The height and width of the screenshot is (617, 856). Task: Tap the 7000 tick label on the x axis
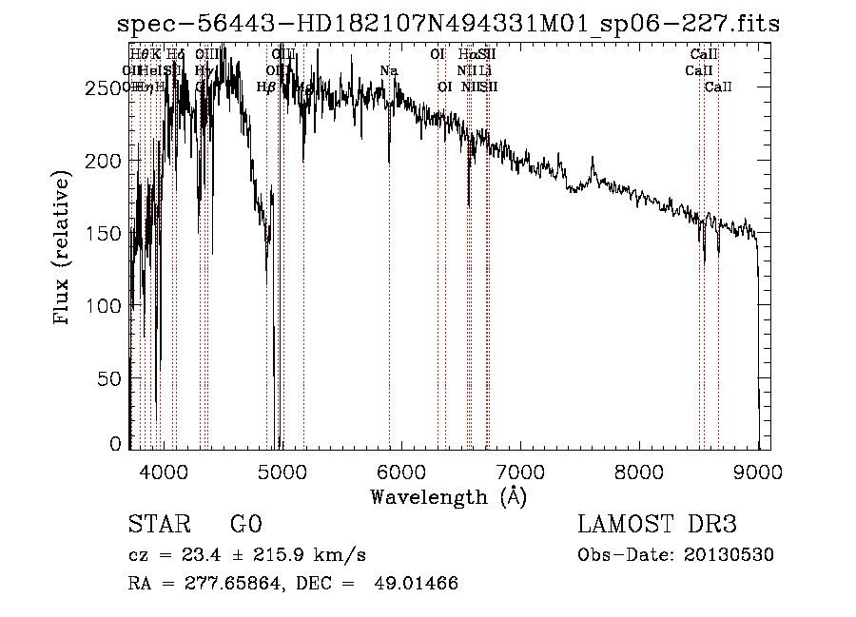520,471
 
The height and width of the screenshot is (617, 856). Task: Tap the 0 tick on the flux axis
116,444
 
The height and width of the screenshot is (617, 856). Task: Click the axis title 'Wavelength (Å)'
448,496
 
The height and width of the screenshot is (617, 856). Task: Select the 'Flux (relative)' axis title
64,249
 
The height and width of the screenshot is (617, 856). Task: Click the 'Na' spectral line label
388,71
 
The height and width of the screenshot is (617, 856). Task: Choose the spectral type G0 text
245,525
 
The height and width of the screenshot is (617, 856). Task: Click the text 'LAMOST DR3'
657,525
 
